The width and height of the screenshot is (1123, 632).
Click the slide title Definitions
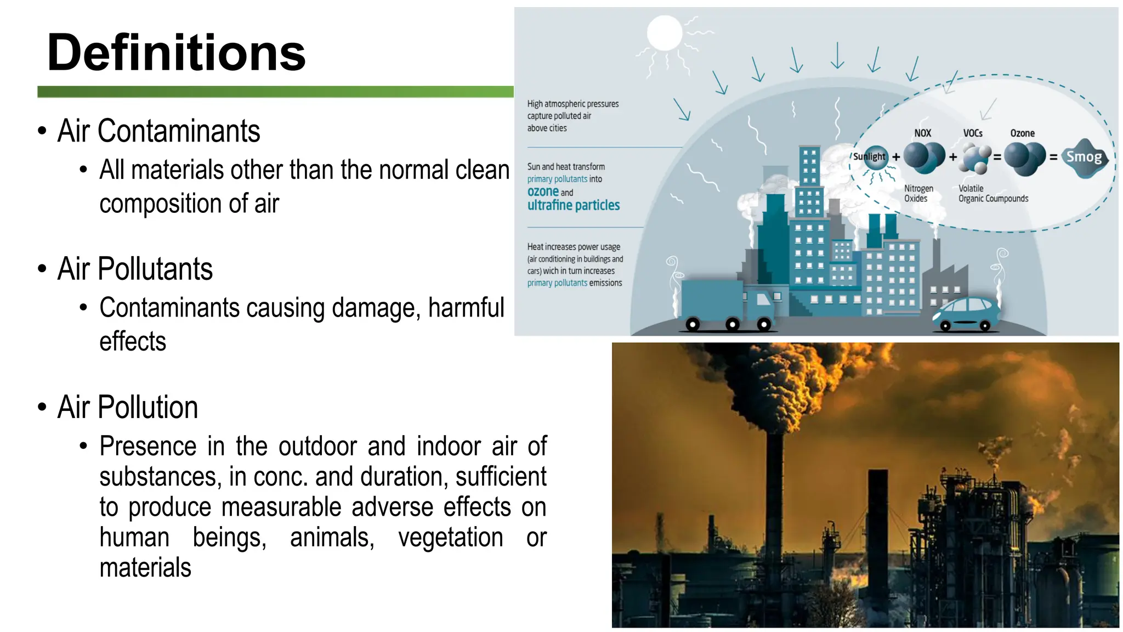pyautogui.click(x=176, y=53)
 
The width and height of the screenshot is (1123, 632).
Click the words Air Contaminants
pyautogui.click(x=158, y=131)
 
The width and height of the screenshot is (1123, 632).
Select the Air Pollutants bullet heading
pyautogui.click(x=135, y=269)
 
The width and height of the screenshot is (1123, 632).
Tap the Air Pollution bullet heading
pyautogui.click(x=127, y=407)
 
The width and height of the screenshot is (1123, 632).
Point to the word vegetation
pyautogui.click(x=450, y=537)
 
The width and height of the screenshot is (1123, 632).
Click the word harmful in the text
pyautogui.click(x=466, y=308)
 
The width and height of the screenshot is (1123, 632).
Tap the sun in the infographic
pyautogui.click(x=664, y=33)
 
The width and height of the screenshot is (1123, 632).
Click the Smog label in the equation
pyautogui.click(x=1084, y=157)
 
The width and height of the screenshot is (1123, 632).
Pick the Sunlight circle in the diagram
pyautogui.click(x=869, y=157)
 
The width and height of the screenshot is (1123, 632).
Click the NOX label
pyautogui.click(x=922, y=133)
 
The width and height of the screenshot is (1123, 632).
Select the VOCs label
pyautogui.click(x=973, y=133)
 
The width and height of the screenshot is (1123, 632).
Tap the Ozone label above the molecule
pyautogui.click(x=1022, y=133)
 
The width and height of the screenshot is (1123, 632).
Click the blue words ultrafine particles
pyautogui.click(x=573, y=205)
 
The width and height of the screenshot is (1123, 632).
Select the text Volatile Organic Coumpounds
pyautogui.click(x=992, y=194)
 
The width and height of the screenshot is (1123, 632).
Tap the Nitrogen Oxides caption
pyautogui.click(x=918, y=194)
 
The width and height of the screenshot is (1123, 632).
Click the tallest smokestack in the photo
pyautogui.click(x=774, y=494)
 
